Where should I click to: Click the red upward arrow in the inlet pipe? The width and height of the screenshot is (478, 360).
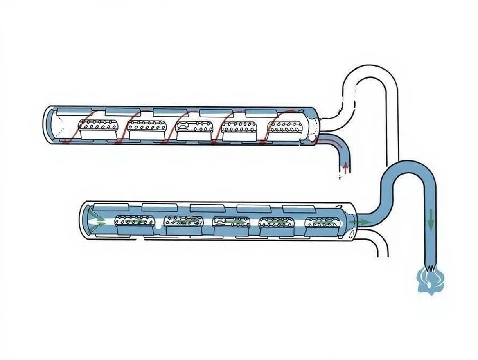coord(345,167)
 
